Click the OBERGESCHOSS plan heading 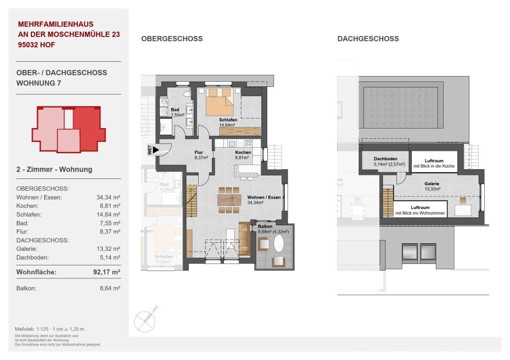click(x=172, y=39)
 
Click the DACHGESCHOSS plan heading click(x=368, y=39)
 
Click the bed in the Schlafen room click(x=219, y=103)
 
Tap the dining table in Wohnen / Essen click(x=229, y=199)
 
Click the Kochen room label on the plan click(x=243, y=153)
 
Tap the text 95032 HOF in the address click(x=36, y=45)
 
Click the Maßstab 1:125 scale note click(x=49, y=329)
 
